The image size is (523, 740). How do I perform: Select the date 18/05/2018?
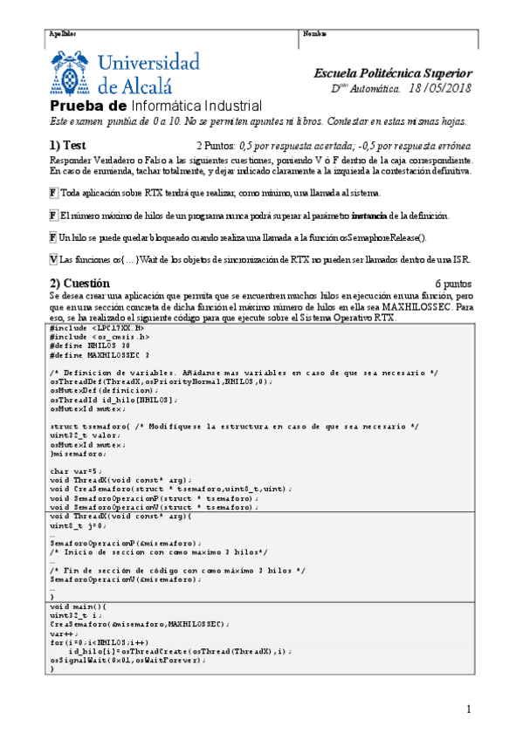[440, 89]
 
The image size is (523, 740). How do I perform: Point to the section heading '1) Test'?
[67, 145]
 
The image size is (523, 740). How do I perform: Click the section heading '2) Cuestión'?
[79, 284]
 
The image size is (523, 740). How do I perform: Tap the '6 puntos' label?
[452, 284]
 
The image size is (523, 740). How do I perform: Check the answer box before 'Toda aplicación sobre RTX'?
[53, 193]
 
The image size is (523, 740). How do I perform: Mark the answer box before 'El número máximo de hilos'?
[53, 215]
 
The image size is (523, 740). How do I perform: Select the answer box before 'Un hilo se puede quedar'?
[53, 236]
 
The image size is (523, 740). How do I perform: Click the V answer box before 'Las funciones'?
[53, 259]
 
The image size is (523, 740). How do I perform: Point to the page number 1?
[469, 708]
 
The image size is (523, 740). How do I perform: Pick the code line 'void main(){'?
[76, 606]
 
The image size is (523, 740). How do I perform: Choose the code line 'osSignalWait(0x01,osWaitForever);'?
[128, 661]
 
